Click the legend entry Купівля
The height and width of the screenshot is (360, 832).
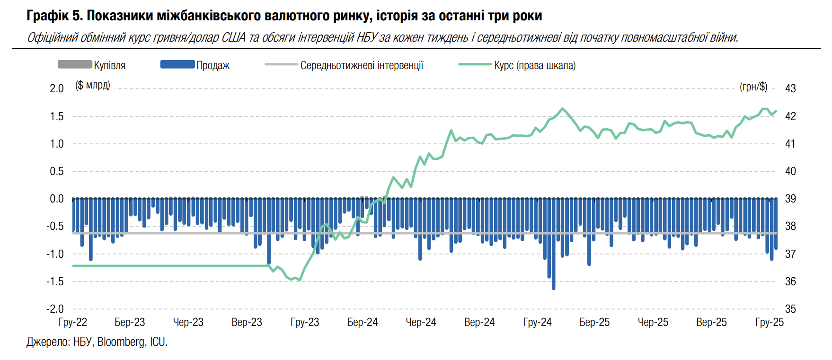click(109, 65)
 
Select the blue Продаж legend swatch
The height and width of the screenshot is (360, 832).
click(177, 64)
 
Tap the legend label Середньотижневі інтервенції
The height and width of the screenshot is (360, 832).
click(362, 65)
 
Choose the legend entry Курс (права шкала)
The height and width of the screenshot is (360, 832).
click(534, 65)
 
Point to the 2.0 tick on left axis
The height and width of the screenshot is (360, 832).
click(57, 88)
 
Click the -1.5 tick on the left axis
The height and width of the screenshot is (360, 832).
click(55, 281)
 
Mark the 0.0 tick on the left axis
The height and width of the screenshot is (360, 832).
click(57, 199)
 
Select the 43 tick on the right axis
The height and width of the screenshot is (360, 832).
click(790, 88)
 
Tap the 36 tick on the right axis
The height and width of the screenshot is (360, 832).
click(790, 281)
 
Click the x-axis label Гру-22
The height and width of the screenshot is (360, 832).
click(73, 322)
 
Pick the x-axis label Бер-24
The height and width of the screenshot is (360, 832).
click(363, 322)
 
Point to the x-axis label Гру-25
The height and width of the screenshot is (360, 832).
click(770, 322)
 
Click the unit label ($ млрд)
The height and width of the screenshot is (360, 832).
click(93, 85)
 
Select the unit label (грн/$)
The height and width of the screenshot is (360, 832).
click(753, 87)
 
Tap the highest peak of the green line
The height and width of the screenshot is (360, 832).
click(562, 109)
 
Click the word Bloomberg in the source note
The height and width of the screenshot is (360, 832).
click(121, 342)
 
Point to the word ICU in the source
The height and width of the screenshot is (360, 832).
click(158, 342)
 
